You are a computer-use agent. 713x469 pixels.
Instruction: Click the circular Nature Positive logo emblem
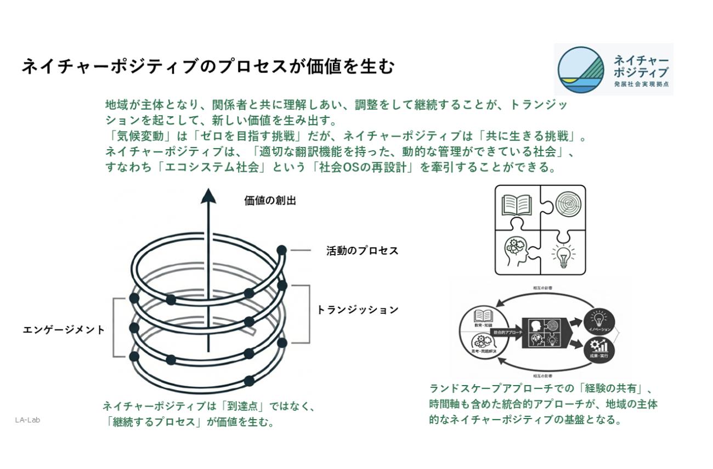pyautogui.click(x=581, y=70)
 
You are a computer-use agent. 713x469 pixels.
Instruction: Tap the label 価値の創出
pyautogui.click(x=270, y=201)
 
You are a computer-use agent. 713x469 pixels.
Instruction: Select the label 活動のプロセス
pyautogui.click(x=362, y=251)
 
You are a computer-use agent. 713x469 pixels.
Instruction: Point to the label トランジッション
pyautogui.click(x=358, y=310)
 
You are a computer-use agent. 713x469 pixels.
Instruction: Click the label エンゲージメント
pyautogui.click(x=64, y=330)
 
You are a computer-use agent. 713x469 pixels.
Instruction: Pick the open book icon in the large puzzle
pyautogui.click(x=517, y=205)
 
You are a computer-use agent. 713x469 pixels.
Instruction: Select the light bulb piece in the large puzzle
pyautogui.click(x=563, y=255)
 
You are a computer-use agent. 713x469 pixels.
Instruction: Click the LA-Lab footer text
pyautogui.click(x=27, y=420)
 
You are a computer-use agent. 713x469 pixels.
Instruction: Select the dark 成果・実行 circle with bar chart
pyautogui.click(x=599, y=349)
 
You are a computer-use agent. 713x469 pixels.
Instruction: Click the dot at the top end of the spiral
pyautogui.click(x=281, y=250)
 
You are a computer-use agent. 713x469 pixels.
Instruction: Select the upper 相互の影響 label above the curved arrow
pyautogui.click(x=542, y=287)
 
